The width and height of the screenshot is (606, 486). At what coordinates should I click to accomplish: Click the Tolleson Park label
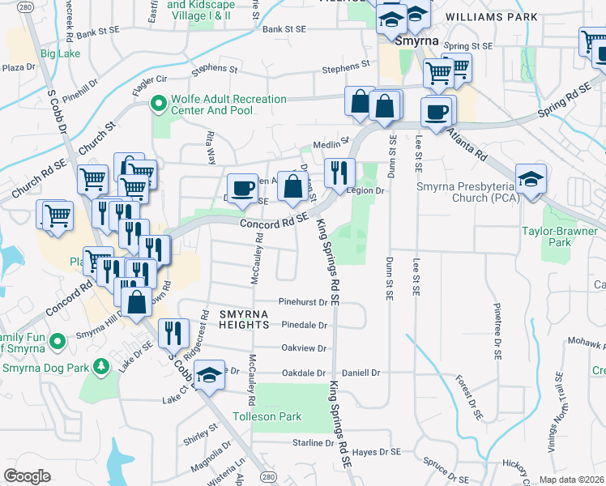click(x=267, y=416)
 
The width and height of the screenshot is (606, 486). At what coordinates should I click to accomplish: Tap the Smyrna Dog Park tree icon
click(x=100, y=367)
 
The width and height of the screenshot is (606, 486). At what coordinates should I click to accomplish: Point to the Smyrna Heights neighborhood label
click(x=242, y=318)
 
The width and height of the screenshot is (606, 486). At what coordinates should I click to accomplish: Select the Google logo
click(x=27, y=476)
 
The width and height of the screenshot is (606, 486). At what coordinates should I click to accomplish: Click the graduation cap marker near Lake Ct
click(x=209, y=374)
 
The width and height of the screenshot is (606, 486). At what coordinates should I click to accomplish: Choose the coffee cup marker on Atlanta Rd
click(x=437, y=111)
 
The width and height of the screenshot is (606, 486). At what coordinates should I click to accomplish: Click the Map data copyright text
click(x=572, y=480)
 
